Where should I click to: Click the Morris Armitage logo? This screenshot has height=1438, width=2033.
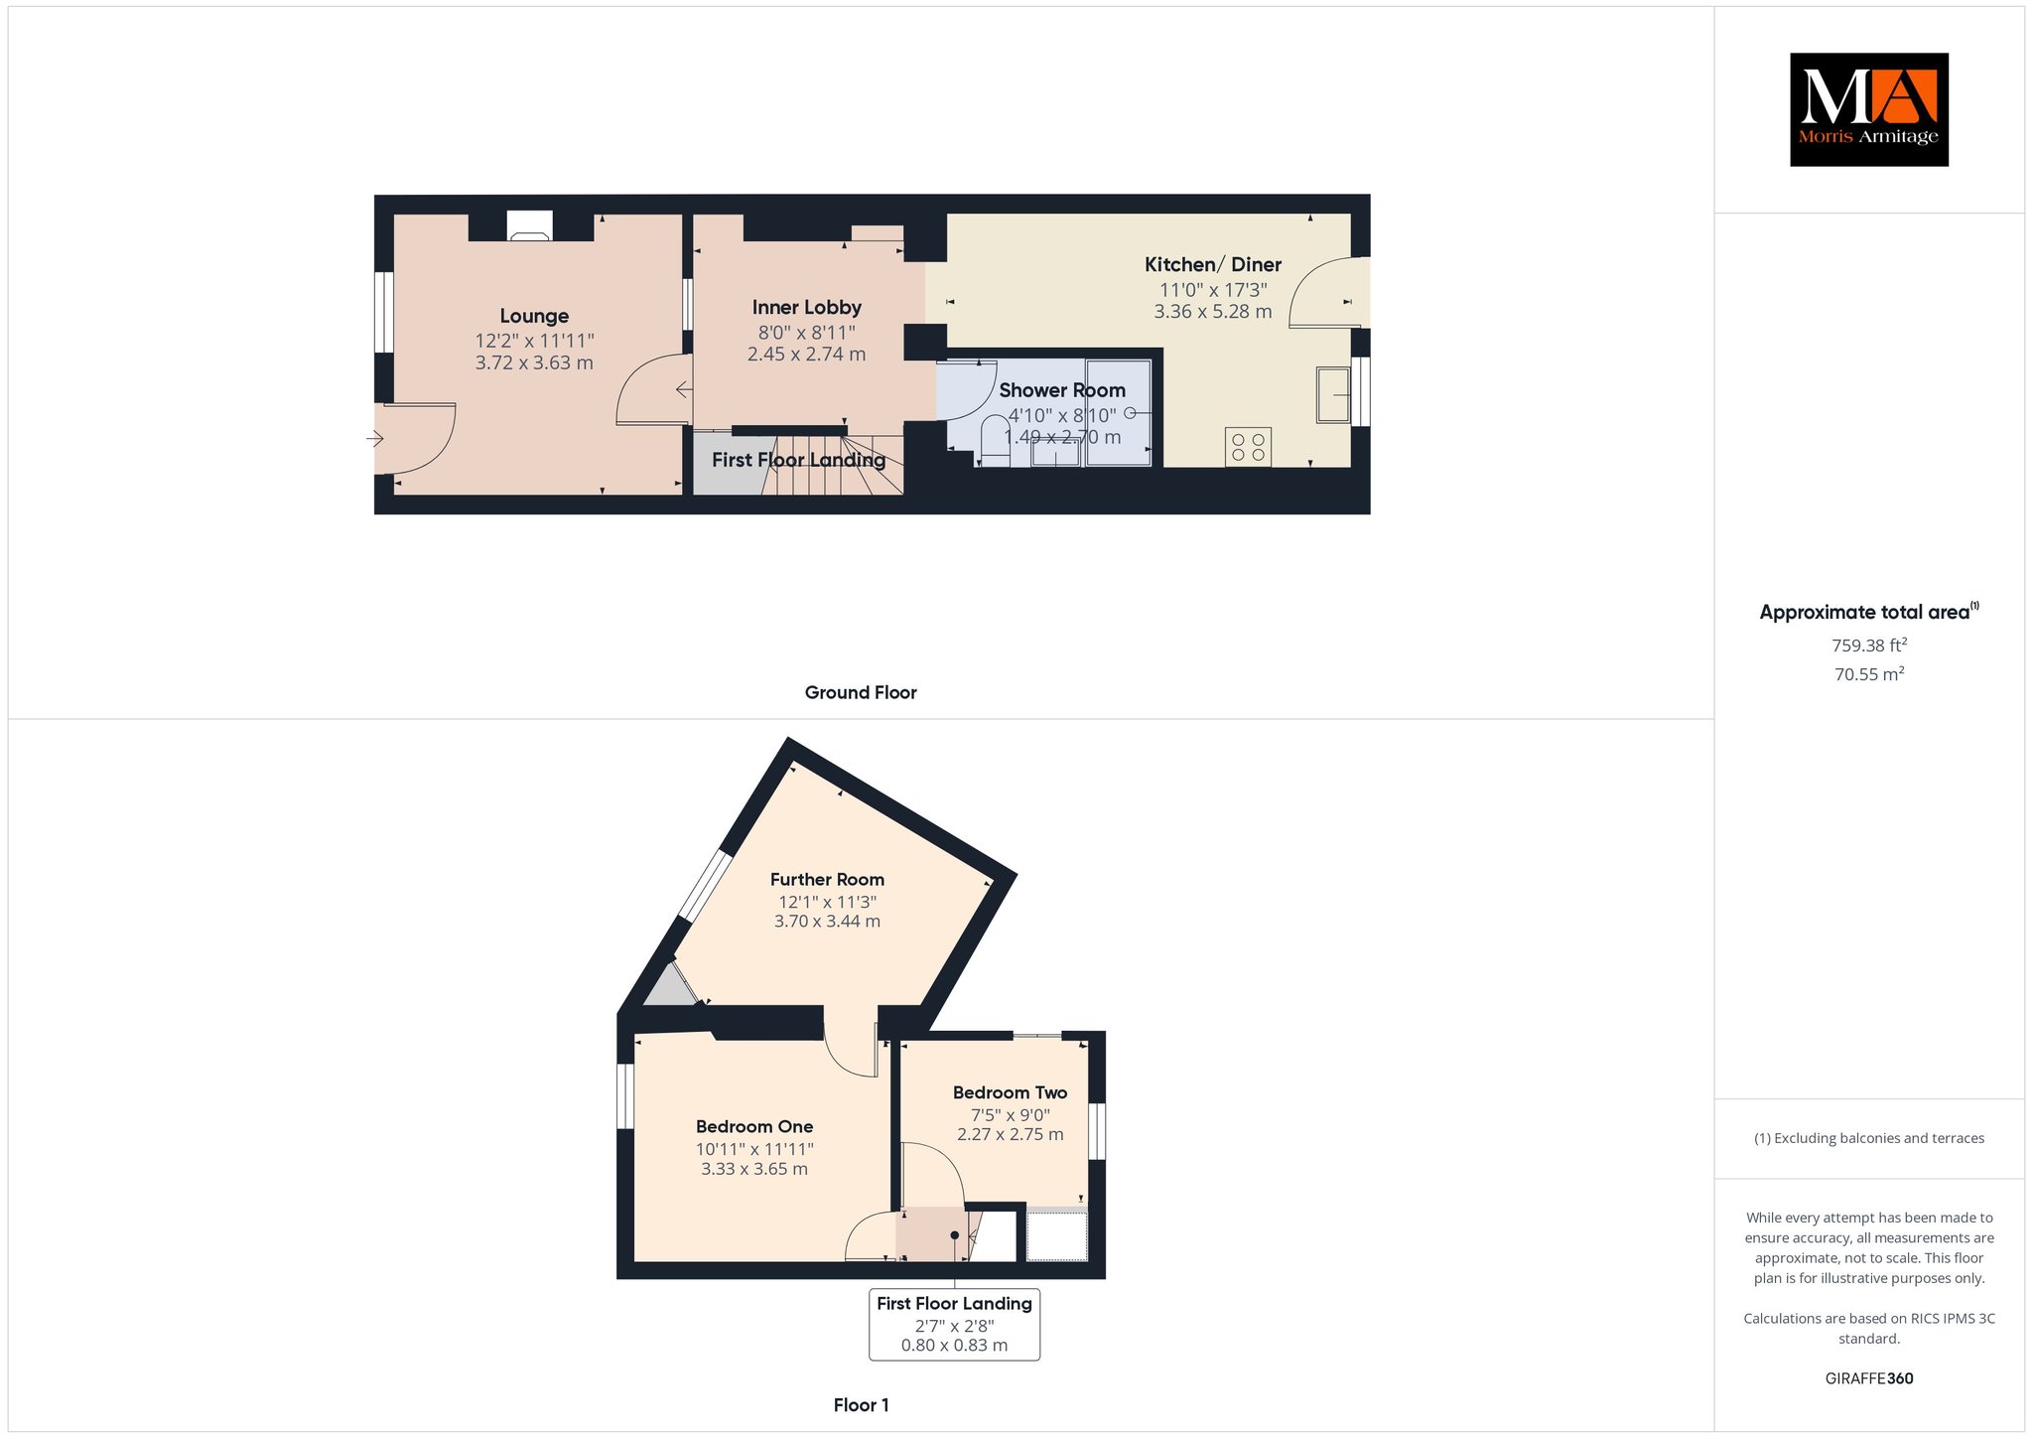click(1868, 109)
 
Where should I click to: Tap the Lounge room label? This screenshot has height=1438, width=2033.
click(534, 316)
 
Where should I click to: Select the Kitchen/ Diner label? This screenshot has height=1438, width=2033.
click(1213, 264)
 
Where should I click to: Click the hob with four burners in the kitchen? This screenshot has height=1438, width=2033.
click(1248, 446)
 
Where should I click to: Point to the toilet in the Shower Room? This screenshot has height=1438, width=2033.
click(994, 440)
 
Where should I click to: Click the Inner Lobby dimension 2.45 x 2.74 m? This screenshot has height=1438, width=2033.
click(806, 355)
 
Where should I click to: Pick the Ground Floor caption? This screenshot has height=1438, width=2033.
click(861, 692)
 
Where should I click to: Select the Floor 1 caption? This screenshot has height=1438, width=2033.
click(861, 1405)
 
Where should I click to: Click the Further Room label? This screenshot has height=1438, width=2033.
click(827, 879)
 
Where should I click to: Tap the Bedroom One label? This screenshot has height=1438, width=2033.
click(754, 1126)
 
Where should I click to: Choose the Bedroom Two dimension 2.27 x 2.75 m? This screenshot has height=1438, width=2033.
click(1010, 1134)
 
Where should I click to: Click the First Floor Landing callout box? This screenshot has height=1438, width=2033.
click(954, 1324)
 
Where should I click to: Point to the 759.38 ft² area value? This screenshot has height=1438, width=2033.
click(1869, 645)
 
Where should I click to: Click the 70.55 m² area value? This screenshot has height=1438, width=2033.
click(1869, 674)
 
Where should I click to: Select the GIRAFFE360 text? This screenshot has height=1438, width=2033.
click(1869, 1378)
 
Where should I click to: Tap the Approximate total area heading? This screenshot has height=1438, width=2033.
click(1869, 612)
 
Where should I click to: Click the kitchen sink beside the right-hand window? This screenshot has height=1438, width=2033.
click(1333, 395)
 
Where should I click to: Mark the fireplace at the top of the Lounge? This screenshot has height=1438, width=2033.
click(530, 225)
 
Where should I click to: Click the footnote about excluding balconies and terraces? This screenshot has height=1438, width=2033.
click(1869, 1138)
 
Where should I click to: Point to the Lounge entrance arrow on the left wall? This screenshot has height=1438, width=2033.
click(375, 438)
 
